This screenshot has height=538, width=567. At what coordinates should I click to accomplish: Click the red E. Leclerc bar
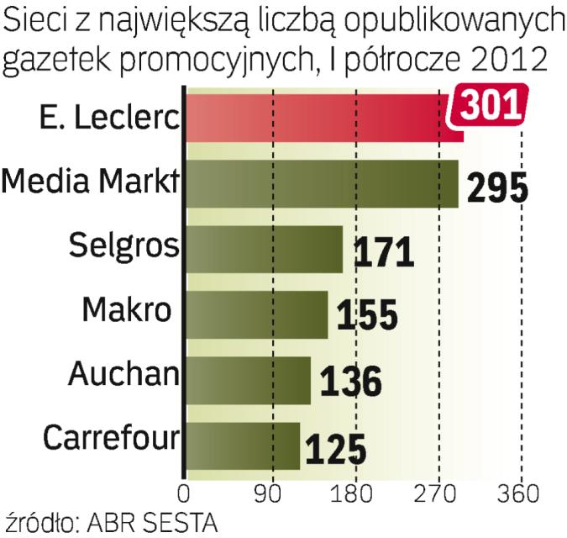(x=319, y=118)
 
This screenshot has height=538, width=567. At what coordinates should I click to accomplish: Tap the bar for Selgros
(x=264, y=249)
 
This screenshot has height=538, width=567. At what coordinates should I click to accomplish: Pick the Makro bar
(x=256, y=314)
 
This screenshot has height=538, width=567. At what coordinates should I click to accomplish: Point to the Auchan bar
(x=248, y=380)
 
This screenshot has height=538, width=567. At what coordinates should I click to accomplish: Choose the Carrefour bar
(x=243, y=446)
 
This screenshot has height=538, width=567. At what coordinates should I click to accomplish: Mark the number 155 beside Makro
(x=366, y=317)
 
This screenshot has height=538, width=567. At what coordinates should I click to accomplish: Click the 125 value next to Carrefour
(x=336, y=448)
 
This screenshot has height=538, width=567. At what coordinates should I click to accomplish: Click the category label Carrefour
(x=111, y=438)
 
